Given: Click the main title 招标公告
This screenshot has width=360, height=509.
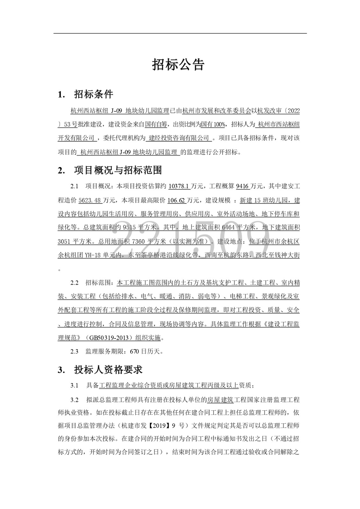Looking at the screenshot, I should click(x=178, y=65).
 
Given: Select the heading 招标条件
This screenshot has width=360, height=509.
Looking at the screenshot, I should click(x=94, y=94).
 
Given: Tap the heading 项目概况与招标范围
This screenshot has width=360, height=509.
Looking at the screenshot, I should click(x=118, y=171).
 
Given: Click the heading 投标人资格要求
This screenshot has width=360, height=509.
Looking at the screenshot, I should click(x=108, y=370).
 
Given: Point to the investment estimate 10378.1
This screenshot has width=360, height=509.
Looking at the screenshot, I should click(x=179, y=186).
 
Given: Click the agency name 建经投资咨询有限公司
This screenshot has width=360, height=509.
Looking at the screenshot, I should click(x=179, y=138).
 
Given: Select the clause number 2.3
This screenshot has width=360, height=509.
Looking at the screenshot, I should click(x=74, y=352).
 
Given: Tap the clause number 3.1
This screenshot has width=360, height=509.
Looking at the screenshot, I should click(x=74, y=386).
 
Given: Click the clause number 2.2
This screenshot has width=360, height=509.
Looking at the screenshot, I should click(x=74, y=283).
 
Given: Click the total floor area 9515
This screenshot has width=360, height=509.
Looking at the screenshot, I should click(x=129, y=228).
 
